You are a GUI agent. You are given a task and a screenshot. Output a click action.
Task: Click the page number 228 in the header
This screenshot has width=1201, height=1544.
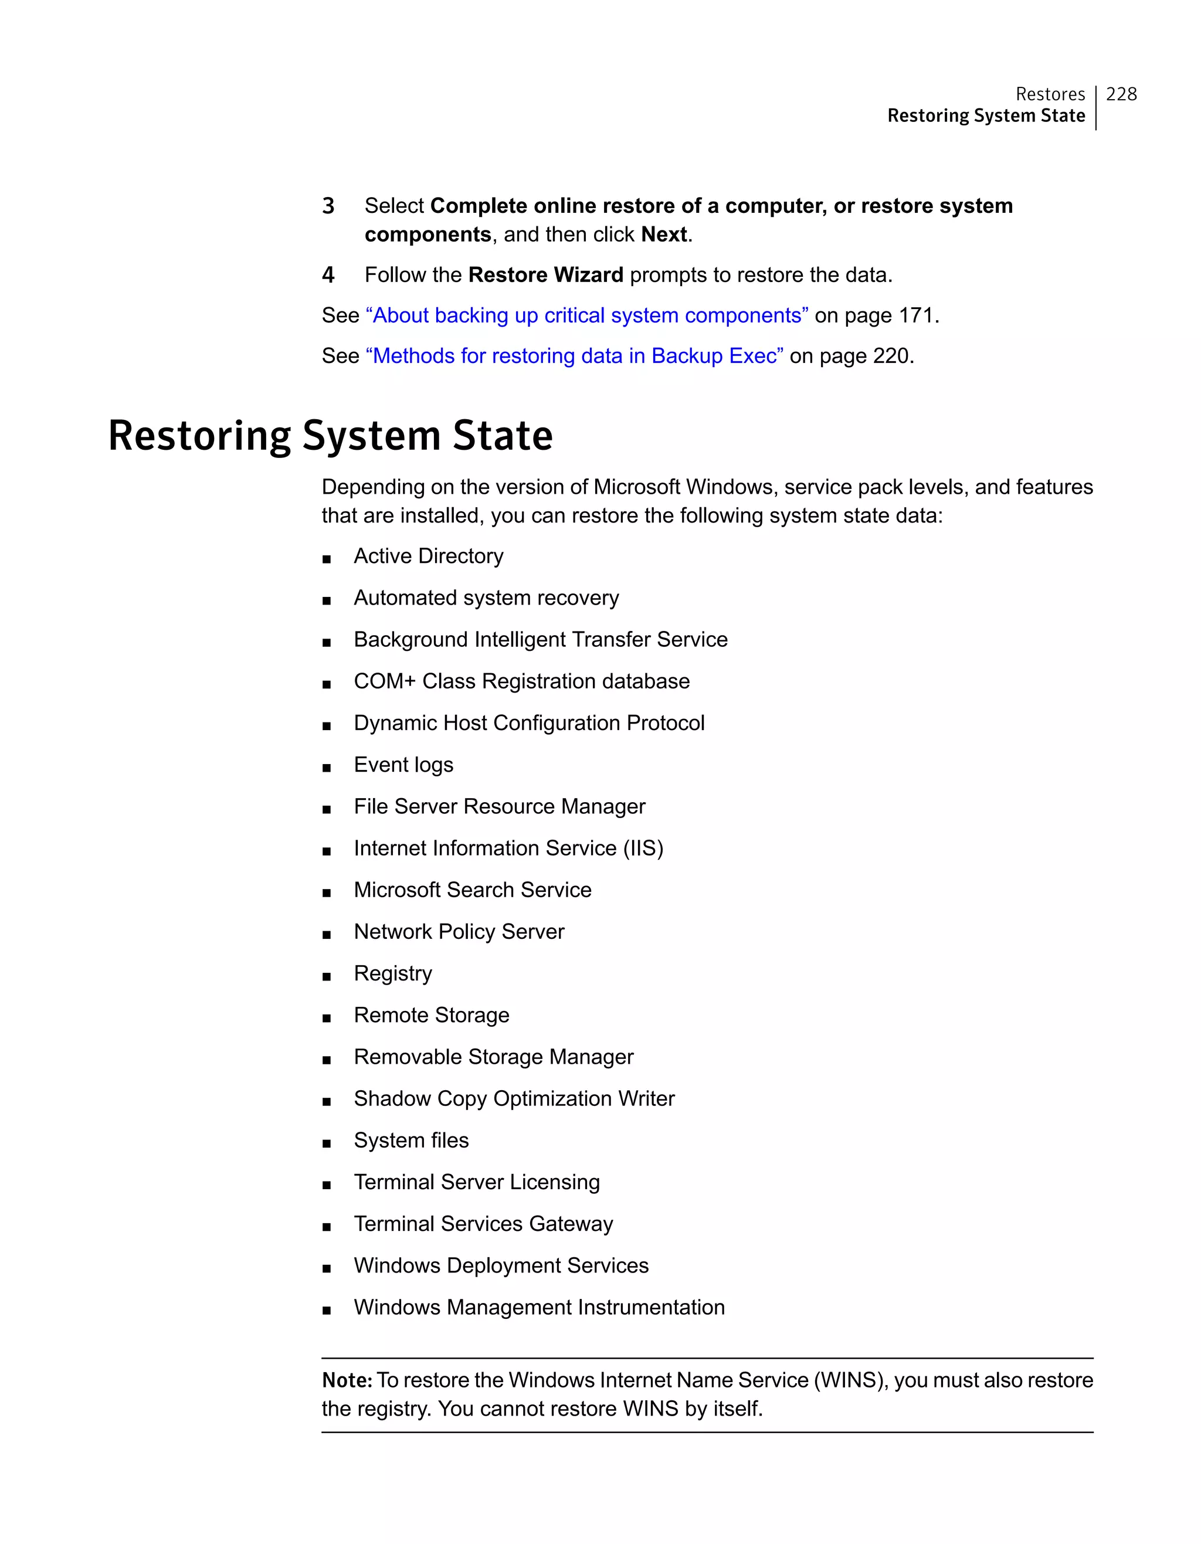click(1121, 94)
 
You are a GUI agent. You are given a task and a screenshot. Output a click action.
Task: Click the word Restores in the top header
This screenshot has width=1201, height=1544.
click(1050, 94)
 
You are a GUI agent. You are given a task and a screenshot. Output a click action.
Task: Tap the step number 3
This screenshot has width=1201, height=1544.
click(328, 206)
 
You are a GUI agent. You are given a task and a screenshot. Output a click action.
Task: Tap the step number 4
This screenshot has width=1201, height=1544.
click(328, 275)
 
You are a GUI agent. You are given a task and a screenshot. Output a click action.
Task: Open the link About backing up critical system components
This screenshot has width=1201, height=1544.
click(586, 315)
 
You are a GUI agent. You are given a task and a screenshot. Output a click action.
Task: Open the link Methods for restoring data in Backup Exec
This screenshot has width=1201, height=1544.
click(574, 355)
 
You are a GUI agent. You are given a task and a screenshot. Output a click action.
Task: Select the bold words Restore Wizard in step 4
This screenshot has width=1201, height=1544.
click(546, 275)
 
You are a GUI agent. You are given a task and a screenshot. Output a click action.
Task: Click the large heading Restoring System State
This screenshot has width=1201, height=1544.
click(330, 436)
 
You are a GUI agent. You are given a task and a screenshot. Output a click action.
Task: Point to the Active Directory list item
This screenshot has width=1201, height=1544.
click(428, 556)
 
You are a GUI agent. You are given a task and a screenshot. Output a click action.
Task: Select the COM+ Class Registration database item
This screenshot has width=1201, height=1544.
click(522, 681)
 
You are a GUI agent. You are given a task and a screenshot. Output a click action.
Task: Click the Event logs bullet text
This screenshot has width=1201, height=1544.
click(403, 765)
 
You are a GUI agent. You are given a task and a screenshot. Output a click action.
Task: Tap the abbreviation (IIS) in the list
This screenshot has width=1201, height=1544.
click(643, 849)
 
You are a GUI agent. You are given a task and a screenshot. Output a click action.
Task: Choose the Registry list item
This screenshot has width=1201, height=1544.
click(393, 973)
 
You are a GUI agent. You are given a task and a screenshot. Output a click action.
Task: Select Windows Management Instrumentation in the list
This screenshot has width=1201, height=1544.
click(540, 1307)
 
